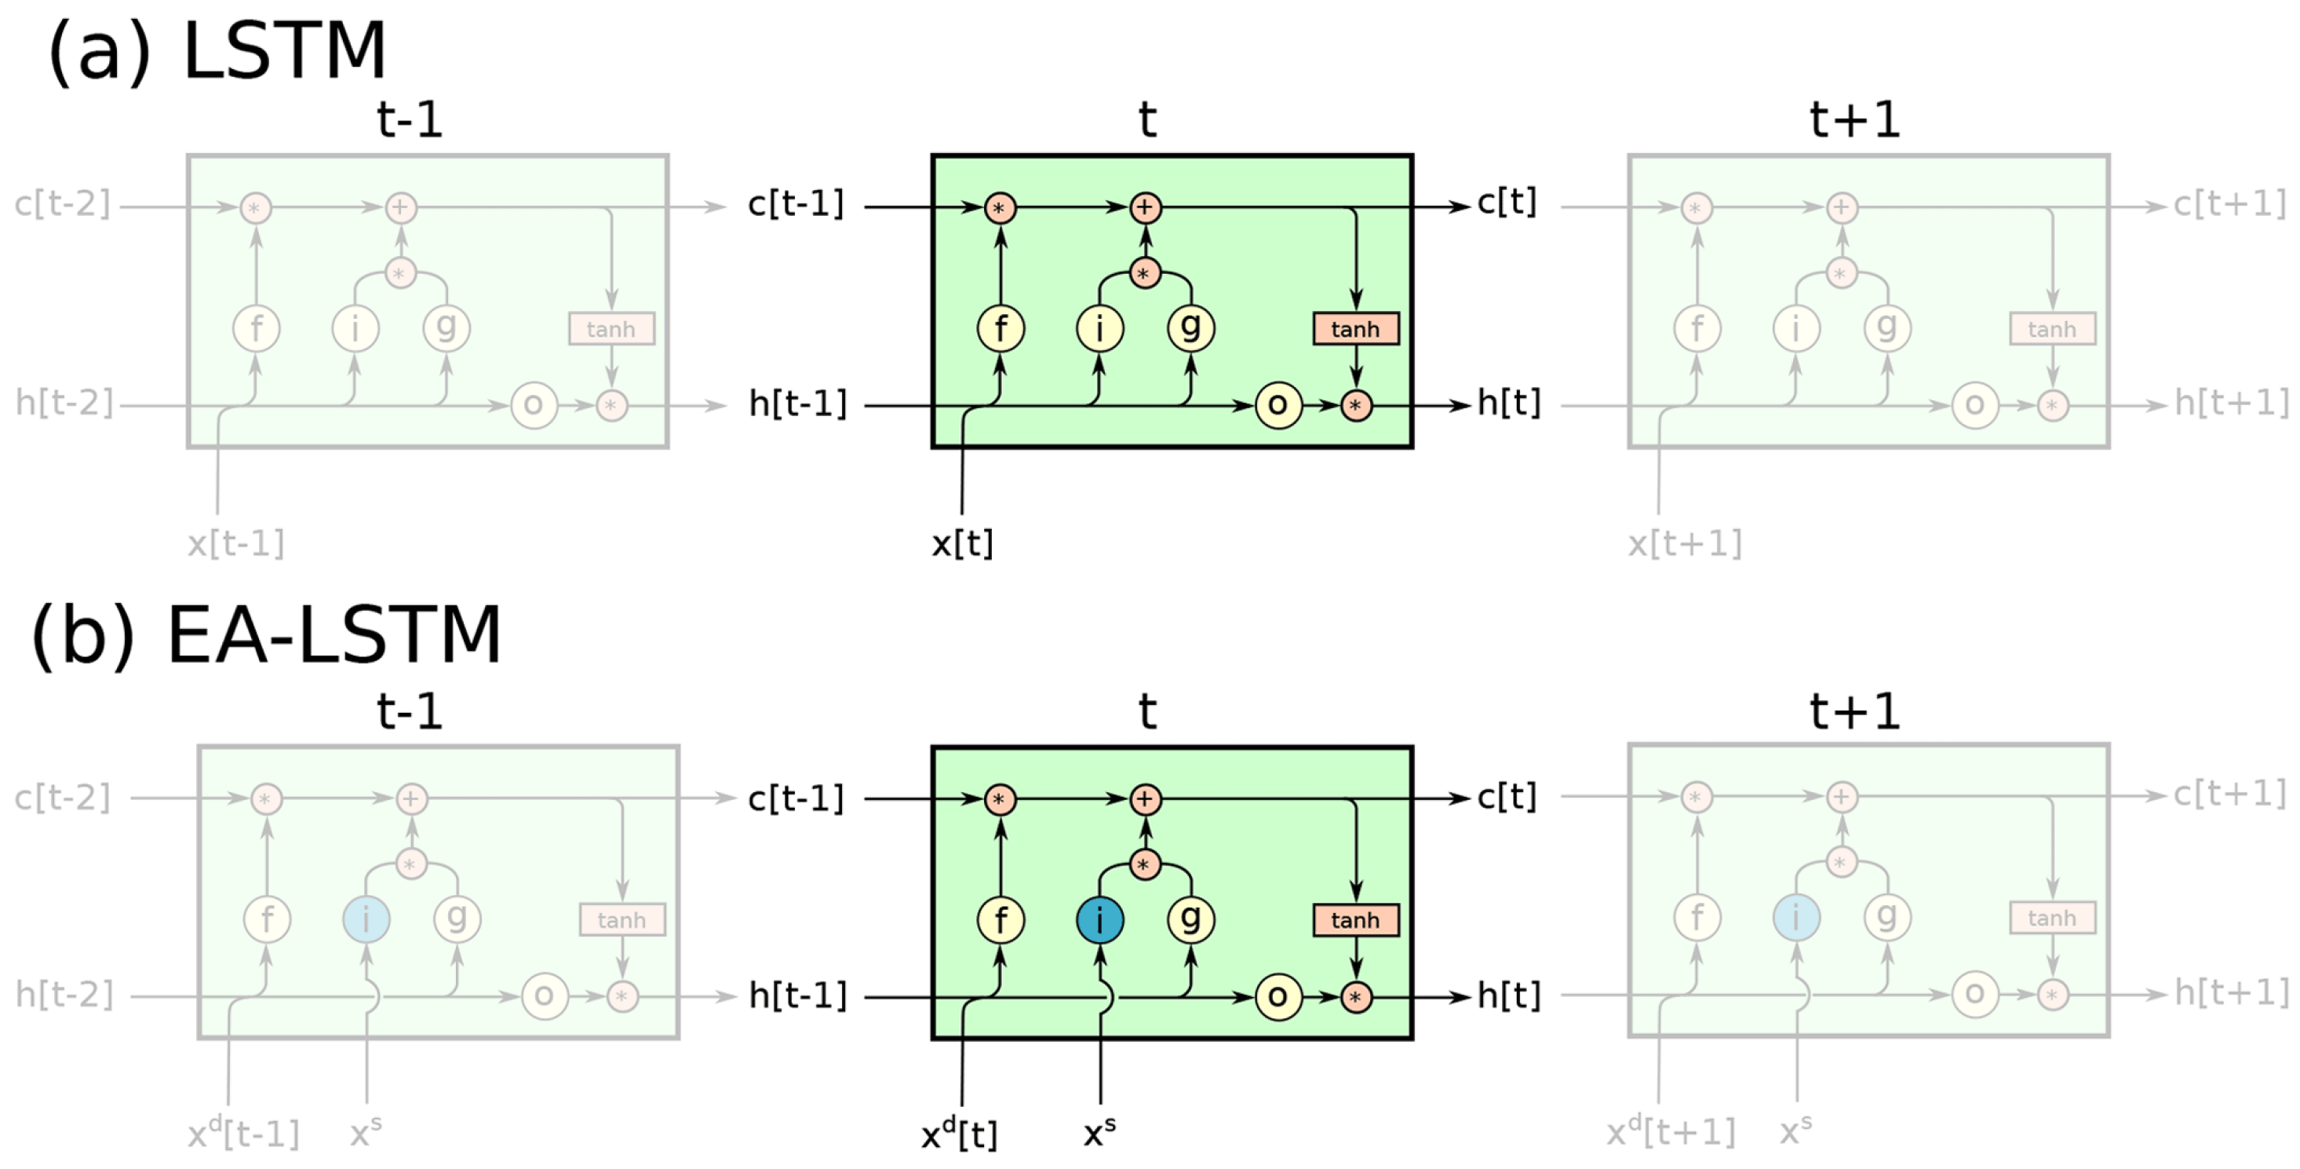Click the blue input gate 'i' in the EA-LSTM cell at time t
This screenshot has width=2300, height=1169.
pos(1099,920)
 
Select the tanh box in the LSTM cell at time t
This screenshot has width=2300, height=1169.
pos(1354,329)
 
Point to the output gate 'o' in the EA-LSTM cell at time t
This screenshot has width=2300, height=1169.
pos(1278,996)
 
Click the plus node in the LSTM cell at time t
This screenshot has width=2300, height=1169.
pos(1145,207)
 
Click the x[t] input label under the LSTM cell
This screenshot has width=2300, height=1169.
pos(961,543)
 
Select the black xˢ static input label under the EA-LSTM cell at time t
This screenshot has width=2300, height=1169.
pos(1099,1133)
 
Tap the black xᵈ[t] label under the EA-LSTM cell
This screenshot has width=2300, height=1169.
pos(959,1134)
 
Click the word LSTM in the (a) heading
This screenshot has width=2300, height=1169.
pos(284,51)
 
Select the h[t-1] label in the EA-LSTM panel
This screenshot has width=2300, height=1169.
pos(797,995)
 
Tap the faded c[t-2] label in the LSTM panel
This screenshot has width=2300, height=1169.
pos(62,204)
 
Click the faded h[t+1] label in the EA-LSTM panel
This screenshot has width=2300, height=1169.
pos(2231,992)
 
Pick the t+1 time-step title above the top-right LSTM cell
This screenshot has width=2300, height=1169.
pos(1854,119)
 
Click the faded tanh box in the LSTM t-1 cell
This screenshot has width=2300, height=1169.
pos(611,329)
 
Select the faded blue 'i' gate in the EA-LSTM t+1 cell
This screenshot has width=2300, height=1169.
pos(1796,917)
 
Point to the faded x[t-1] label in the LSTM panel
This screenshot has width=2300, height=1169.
pos(235,543)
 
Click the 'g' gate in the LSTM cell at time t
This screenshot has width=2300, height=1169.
pos(1190,327)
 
